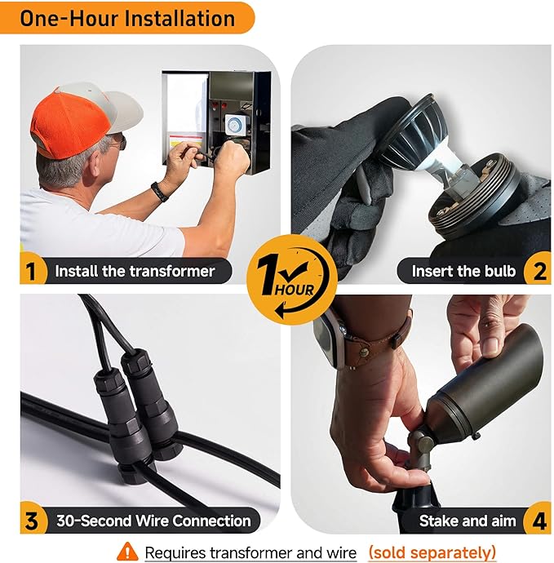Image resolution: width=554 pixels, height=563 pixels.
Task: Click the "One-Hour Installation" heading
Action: point(127,18)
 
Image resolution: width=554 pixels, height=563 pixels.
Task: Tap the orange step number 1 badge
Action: point(33,270)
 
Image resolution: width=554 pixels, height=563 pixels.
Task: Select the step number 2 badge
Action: point(538,270)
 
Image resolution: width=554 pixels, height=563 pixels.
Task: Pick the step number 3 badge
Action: point(33,520)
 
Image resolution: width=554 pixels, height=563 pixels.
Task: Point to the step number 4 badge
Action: point(538,520)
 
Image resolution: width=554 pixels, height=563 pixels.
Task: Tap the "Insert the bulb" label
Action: point(463,271)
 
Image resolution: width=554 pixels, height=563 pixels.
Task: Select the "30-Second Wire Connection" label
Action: point(153,521)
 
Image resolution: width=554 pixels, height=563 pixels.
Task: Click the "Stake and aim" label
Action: point(468,521)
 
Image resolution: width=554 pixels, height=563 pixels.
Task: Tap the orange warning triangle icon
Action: point(127,552)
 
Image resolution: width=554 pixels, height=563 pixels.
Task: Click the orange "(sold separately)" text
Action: point(432,552)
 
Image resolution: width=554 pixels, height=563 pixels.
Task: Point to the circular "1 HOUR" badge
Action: point(292,279)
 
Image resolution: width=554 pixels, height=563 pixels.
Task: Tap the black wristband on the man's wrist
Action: point(159,192)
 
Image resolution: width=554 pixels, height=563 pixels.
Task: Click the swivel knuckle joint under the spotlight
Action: point(423,446)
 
